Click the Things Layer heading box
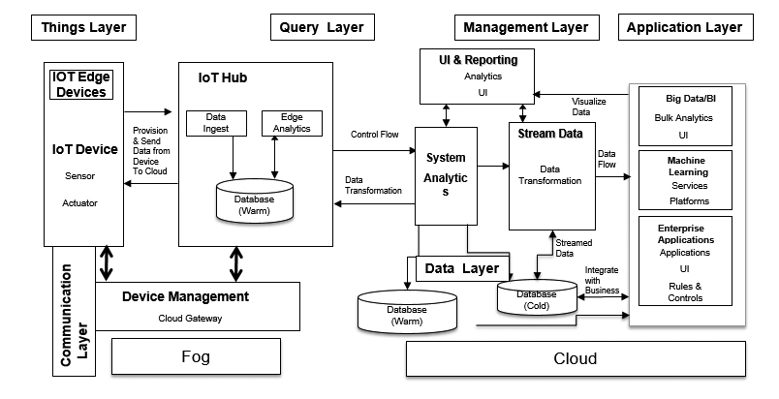coord(84,27)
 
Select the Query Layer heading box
coord(321,27)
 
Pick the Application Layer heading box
coord(684,27)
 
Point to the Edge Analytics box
coord(284,123)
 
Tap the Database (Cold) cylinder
coord(536,299)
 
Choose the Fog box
coord(196,357)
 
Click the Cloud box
coord(575,358)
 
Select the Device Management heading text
coord(185,296)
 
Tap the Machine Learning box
coord(688,179)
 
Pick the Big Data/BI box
coord(688,116)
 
